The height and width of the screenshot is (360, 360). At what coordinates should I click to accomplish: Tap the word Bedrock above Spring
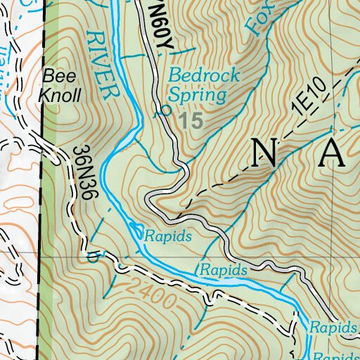[x=204, y=75]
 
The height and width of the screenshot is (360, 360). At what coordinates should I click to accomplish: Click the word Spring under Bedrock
[x=198, y=94]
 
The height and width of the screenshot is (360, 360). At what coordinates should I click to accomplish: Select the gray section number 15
[x=191, y=120]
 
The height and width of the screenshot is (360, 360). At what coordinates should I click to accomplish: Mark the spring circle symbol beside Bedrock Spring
[x=166, y=110]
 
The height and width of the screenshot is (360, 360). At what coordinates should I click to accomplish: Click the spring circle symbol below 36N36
[x=89, y=257]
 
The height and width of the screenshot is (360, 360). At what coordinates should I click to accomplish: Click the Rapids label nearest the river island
[x=168, y=237]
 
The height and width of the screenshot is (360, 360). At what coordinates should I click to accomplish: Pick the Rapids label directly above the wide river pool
[x=224, y=270]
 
